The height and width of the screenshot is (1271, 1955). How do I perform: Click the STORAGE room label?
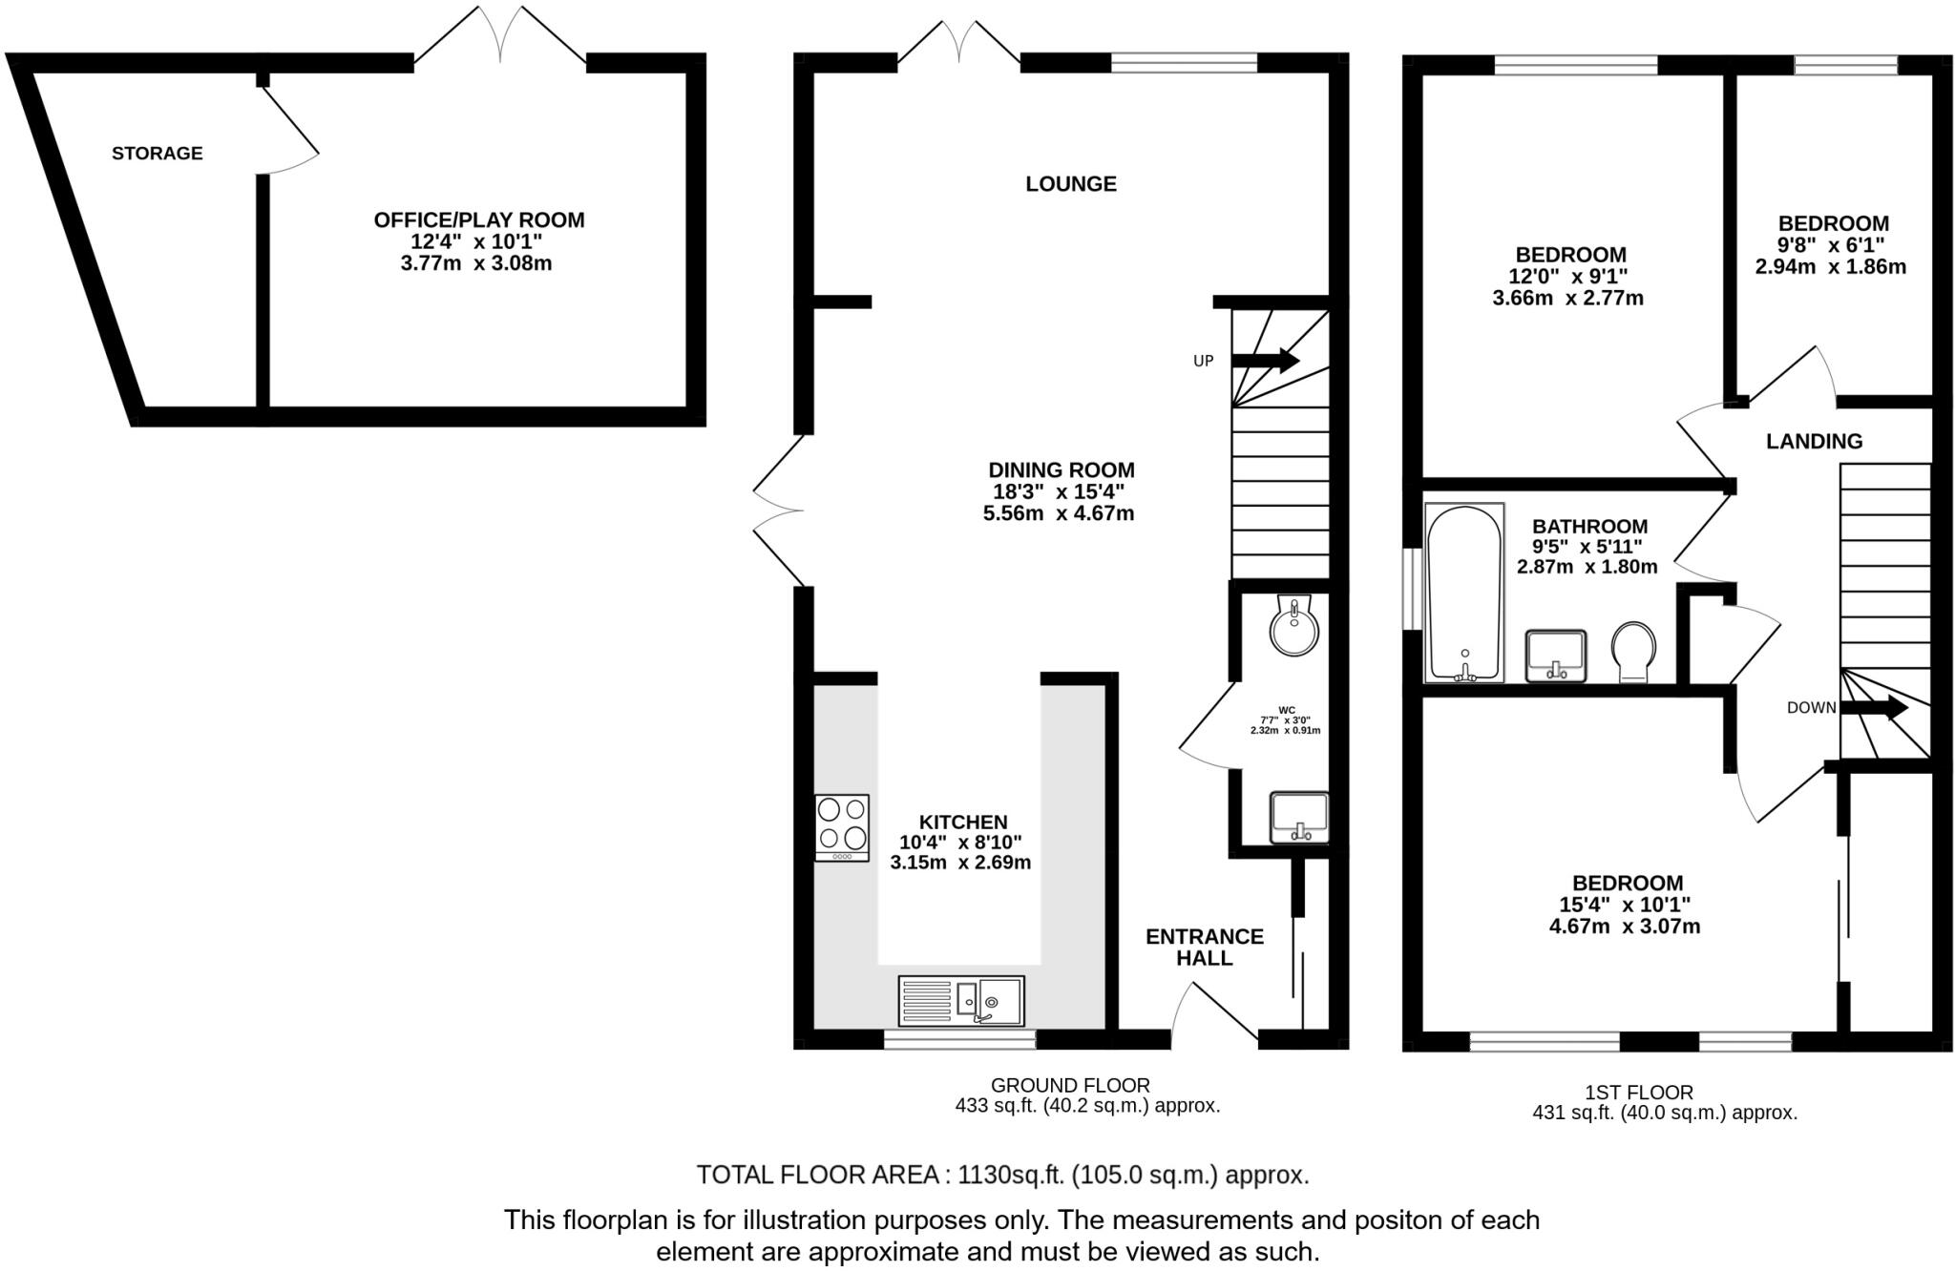click(x=158, y=153)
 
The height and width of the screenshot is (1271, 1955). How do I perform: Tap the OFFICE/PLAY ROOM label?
click(x=478, y=220)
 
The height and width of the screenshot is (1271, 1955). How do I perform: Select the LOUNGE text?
click(x=1070, y=183)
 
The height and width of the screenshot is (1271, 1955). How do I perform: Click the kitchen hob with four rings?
click(x=842, y=826)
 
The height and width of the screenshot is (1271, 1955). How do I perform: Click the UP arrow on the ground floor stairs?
click(x=1266, y=360)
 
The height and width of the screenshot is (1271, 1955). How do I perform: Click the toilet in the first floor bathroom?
click(x=1633, y=652)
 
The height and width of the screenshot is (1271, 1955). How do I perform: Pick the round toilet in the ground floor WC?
click(x=1294, y=626)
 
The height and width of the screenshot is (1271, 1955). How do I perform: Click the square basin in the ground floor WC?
click(x=1299, y=817)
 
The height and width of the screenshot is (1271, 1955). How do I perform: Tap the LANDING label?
click(x=1814, y=441)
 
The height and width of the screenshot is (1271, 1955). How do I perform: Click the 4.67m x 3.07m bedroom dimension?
click(x=1625, y=926)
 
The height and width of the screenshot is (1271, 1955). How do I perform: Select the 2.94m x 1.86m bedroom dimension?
click(x=1830, y=266)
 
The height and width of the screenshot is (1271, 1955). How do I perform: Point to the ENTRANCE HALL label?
click(x=1204, y=947)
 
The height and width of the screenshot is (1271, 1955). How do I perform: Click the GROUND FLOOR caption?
click(x=1070, y=1085)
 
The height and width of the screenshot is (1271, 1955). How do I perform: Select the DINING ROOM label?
click(x=1061, y=469)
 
